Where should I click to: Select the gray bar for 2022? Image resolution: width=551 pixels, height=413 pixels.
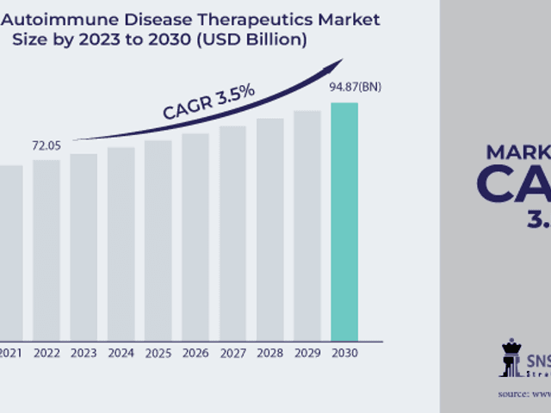pyautogui.click(x=46, y=249)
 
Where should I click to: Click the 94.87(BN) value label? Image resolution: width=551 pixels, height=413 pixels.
pyautogui.click(x=355, y=87)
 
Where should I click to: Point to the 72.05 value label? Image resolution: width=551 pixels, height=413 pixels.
pyautogui.click(x=46, y=145)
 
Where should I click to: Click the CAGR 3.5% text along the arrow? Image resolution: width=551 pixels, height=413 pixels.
pyautogui.click(x=208, y=102)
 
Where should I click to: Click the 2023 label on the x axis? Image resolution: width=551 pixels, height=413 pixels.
pyautogui.click(x=84, y=352)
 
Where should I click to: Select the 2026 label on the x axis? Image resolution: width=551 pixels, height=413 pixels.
pyautogui.click(x=195, y=352)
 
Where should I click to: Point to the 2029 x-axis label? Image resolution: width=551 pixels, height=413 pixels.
pyautogui.click(x=306, y=352)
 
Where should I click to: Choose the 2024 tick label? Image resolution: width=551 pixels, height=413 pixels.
pyautogui.click(x=121, y=352)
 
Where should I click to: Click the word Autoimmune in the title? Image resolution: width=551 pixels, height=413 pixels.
pyautogui.click(x=63, y=18)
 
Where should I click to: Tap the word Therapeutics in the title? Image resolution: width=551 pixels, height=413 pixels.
pyautogui.click(x=236, y=18)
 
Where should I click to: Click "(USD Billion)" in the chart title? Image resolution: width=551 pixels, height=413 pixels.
pyautogui.click(x=257, y=40)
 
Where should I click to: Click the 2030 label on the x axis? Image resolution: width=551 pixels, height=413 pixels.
pyautogui.click(x=344, y=352)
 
